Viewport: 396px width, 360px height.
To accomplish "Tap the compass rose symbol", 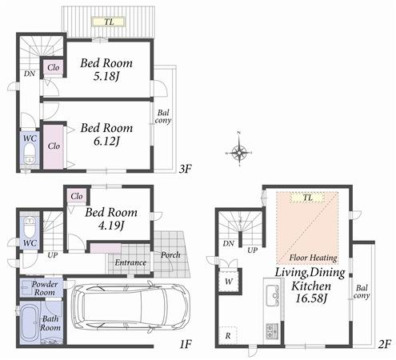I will coord(240,150).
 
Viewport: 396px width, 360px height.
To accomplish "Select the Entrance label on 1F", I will coord(130,262).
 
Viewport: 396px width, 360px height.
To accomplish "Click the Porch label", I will coord(170,255).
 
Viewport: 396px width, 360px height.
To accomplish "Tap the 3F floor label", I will coord(186,169).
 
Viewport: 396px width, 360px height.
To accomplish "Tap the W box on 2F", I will coord(229,281).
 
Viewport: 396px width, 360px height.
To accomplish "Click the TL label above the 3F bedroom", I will coord(107,22).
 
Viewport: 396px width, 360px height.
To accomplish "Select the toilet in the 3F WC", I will coord(29,154).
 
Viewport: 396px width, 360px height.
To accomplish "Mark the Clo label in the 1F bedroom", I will coord(78,196).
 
